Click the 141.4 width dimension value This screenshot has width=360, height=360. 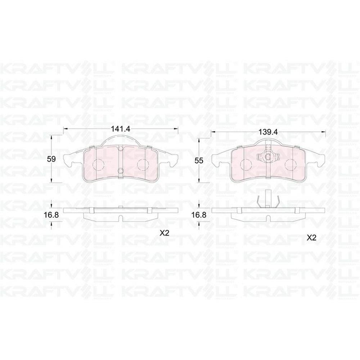click(121, 129)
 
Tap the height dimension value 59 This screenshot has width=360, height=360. click(51, 159)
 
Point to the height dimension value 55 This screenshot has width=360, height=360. click(199, 161)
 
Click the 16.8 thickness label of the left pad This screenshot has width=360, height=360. click(51, 215)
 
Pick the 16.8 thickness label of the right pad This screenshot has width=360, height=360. click(199, 215)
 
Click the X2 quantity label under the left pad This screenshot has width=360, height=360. click(165, 233)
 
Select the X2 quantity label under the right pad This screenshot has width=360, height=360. click(311, 238)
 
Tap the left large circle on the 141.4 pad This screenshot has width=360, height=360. click(98, 165)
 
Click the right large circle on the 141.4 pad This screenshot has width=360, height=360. click(143, 165)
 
